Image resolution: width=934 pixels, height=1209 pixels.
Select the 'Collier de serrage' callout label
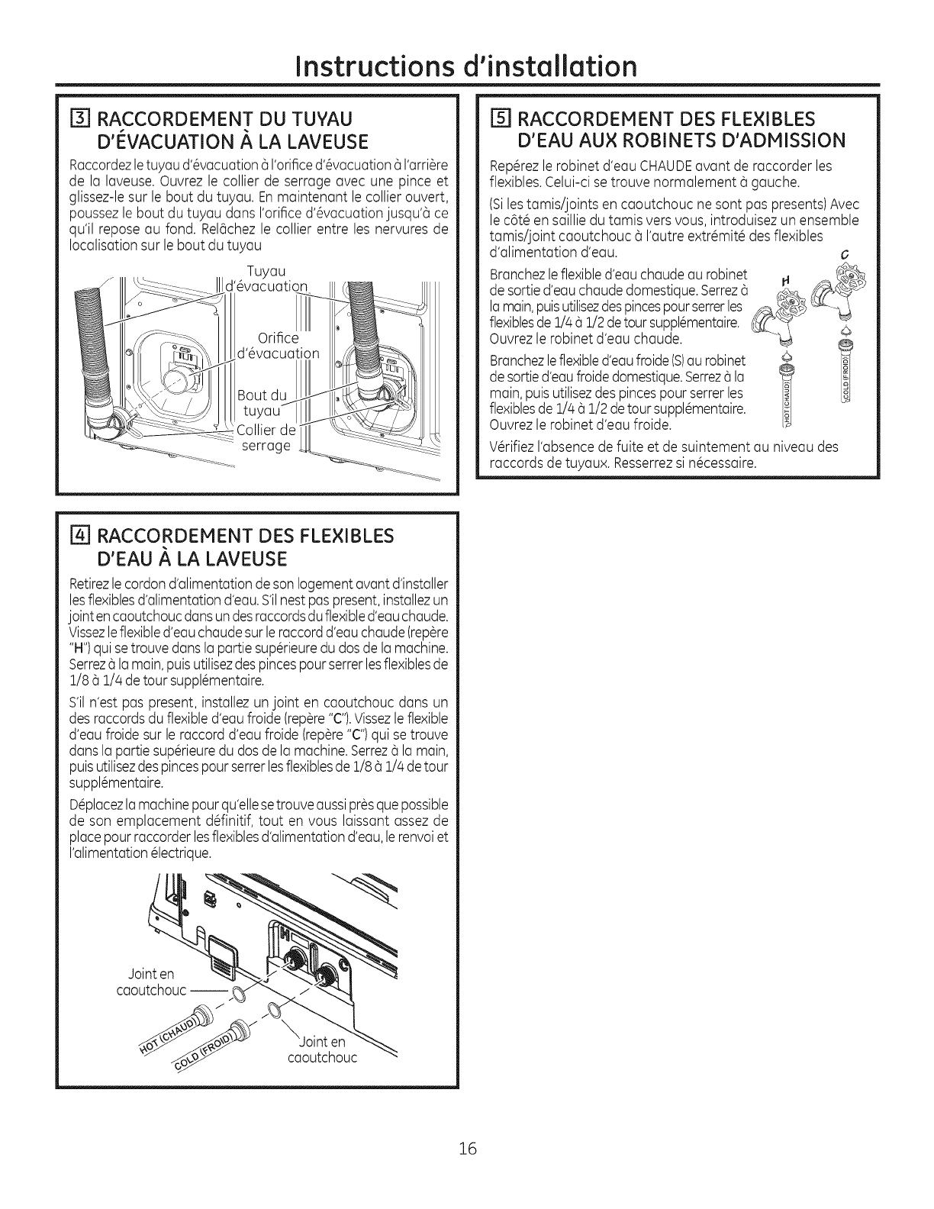point(266,437)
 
